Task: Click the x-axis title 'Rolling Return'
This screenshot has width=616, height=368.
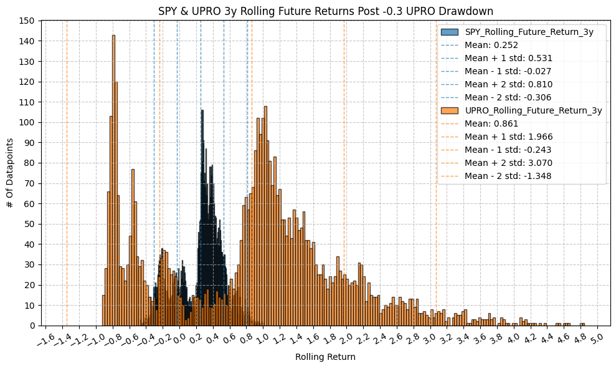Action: pos(325,357)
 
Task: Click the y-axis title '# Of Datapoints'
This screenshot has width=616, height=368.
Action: pos(11,173)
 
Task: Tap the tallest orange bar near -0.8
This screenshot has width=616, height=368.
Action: pos(113,181)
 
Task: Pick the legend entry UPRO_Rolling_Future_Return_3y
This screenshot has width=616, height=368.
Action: pos(533,110)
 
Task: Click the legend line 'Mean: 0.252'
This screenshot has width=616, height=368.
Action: pos(491,45)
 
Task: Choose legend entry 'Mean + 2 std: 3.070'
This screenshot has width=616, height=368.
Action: pos(508,163)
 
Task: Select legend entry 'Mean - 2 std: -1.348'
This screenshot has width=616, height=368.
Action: pos(508,176)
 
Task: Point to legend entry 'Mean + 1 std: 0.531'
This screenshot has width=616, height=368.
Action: pos(508,58)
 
